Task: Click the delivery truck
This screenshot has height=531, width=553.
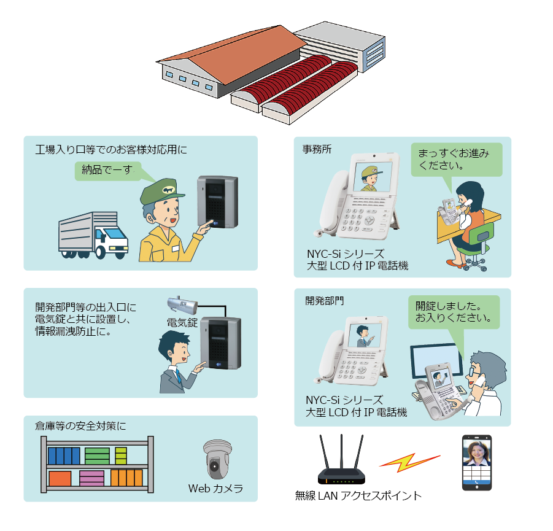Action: point(93,235)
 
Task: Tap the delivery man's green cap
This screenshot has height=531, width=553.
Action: point(161,192)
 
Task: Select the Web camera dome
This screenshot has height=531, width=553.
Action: point(217,459)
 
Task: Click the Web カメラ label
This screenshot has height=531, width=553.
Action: point(215,488)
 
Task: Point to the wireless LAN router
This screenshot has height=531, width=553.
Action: point(341,459)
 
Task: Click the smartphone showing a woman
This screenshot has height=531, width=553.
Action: point(477,462)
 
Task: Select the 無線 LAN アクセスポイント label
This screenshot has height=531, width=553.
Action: point(358,496)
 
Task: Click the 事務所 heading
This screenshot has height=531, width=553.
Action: point(317,149)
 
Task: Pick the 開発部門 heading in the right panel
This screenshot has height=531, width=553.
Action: point(324,301)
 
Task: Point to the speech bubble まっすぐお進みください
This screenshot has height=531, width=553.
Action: point(457,160)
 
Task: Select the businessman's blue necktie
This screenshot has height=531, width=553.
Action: point(179,376)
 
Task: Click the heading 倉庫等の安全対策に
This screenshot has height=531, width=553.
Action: point(80,426)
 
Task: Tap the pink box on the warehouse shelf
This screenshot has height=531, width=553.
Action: point(91,478)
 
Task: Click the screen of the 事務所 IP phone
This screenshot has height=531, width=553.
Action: point(373,176)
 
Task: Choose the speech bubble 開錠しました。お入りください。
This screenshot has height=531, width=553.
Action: point(454,312)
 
